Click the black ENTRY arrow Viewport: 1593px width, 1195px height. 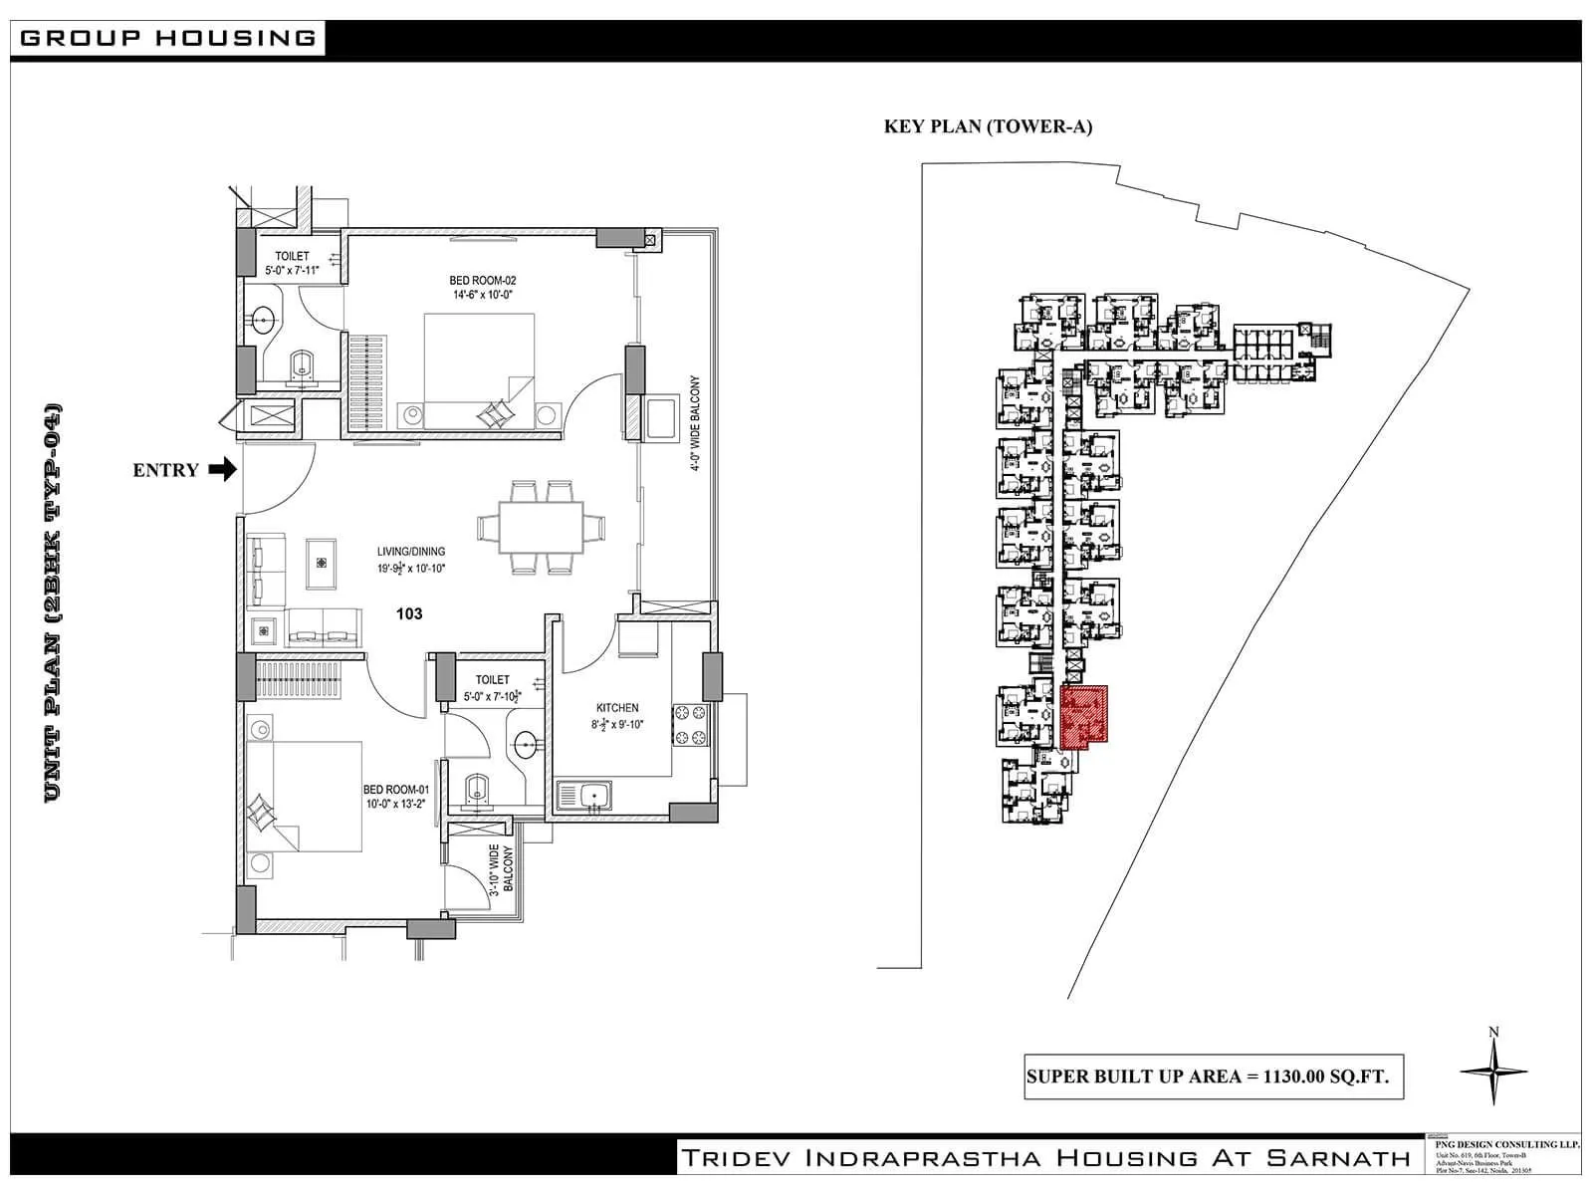click(x=223, y=469)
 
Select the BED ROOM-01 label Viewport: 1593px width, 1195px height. click(x=395, y=796)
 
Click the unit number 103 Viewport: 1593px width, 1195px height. click(x=409, y=613)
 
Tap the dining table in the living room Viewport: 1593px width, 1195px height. click(x=530, y=527)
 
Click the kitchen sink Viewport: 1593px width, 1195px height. click(x=584, y=796)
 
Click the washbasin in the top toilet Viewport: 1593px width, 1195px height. click(x=263, y=320)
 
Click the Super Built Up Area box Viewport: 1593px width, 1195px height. click(x=1214, y=1076)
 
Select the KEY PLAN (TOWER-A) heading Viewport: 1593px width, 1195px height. click(x=988, y=126)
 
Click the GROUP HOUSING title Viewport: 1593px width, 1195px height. click(x=167, y=38)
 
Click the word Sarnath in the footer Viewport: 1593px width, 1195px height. click(x=1338, y=1157)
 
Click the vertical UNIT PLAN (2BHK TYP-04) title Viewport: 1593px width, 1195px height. click(x=54, y=602)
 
